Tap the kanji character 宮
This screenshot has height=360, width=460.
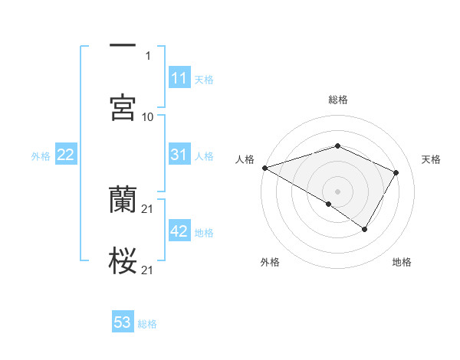coord(123,108)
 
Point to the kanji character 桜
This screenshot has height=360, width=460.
coord(123,261)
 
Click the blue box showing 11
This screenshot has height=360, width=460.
coord(179,78)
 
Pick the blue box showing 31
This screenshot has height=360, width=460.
coord(179,155)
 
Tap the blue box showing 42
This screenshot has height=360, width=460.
coord(179,231)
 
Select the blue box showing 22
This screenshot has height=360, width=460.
coord(66,155)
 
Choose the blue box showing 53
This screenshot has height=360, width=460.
coord(123,322)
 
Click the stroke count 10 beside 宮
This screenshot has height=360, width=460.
coord(148,116)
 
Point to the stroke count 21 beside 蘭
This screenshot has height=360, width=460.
coord(148,208)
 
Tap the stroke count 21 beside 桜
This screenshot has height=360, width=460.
coord(148,270)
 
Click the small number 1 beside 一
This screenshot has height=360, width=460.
coord(148,55)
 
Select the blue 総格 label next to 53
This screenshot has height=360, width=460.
coord(147,324)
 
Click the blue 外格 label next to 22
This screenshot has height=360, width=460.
coord(41,156)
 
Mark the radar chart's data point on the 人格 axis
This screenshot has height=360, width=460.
coord(264,168)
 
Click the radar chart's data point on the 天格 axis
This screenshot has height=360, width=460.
coord(396,172)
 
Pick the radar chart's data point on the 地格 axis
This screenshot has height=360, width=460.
coord(365,229)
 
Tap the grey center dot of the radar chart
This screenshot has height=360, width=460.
coord(337,191)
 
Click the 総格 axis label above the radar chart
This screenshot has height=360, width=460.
coord(337,100)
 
